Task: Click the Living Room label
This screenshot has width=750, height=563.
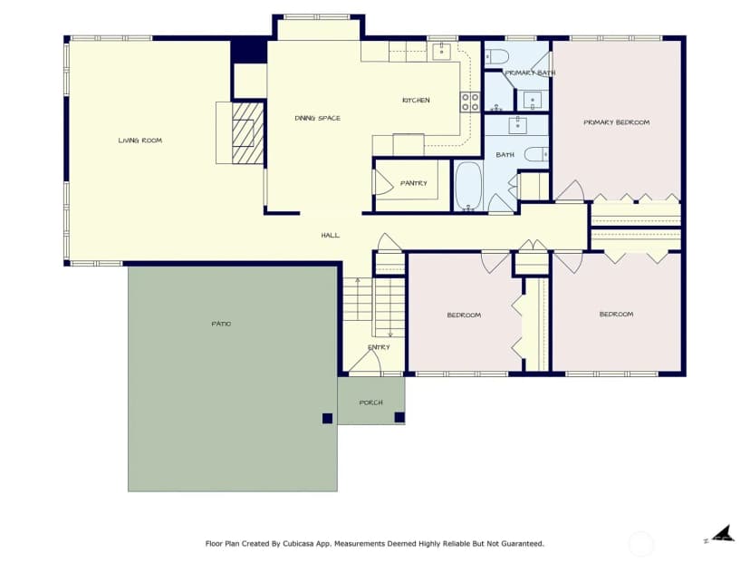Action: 140,141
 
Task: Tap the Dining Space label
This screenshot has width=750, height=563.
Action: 318,118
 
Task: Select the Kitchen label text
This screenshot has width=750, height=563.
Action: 416,100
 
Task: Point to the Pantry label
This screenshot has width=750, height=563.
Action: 414,183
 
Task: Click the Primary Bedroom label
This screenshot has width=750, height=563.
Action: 617,122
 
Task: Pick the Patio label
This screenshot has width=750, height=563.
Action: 221,324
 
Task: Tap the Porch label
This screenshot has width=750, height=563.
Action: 370,403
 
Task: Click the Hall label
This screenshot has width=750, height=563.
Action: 330,235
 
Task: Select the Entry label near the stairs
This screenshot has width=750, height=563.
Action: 379,347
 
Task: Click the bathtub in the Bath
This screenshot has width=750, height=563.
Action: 467,186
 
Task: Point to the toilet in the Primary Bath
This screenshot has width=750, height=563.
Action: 496,57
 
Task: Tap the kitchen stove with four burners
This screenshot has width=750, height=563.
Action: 470,102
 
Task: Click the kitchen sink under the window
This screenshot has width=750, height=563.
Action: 441,51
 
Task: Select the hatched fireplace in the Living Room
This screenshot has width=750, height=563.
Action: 248,132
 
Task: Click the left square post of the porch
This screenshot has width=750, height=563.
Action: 327,419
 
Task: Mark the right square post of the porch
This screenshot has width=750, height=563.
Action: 399,417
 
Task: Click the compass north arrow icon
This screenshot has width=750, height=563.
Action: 721,534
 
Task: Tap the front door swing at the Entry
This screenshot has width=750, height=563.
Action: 366,362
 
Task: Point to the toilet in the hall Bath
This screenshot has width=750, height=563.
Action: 536,154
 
